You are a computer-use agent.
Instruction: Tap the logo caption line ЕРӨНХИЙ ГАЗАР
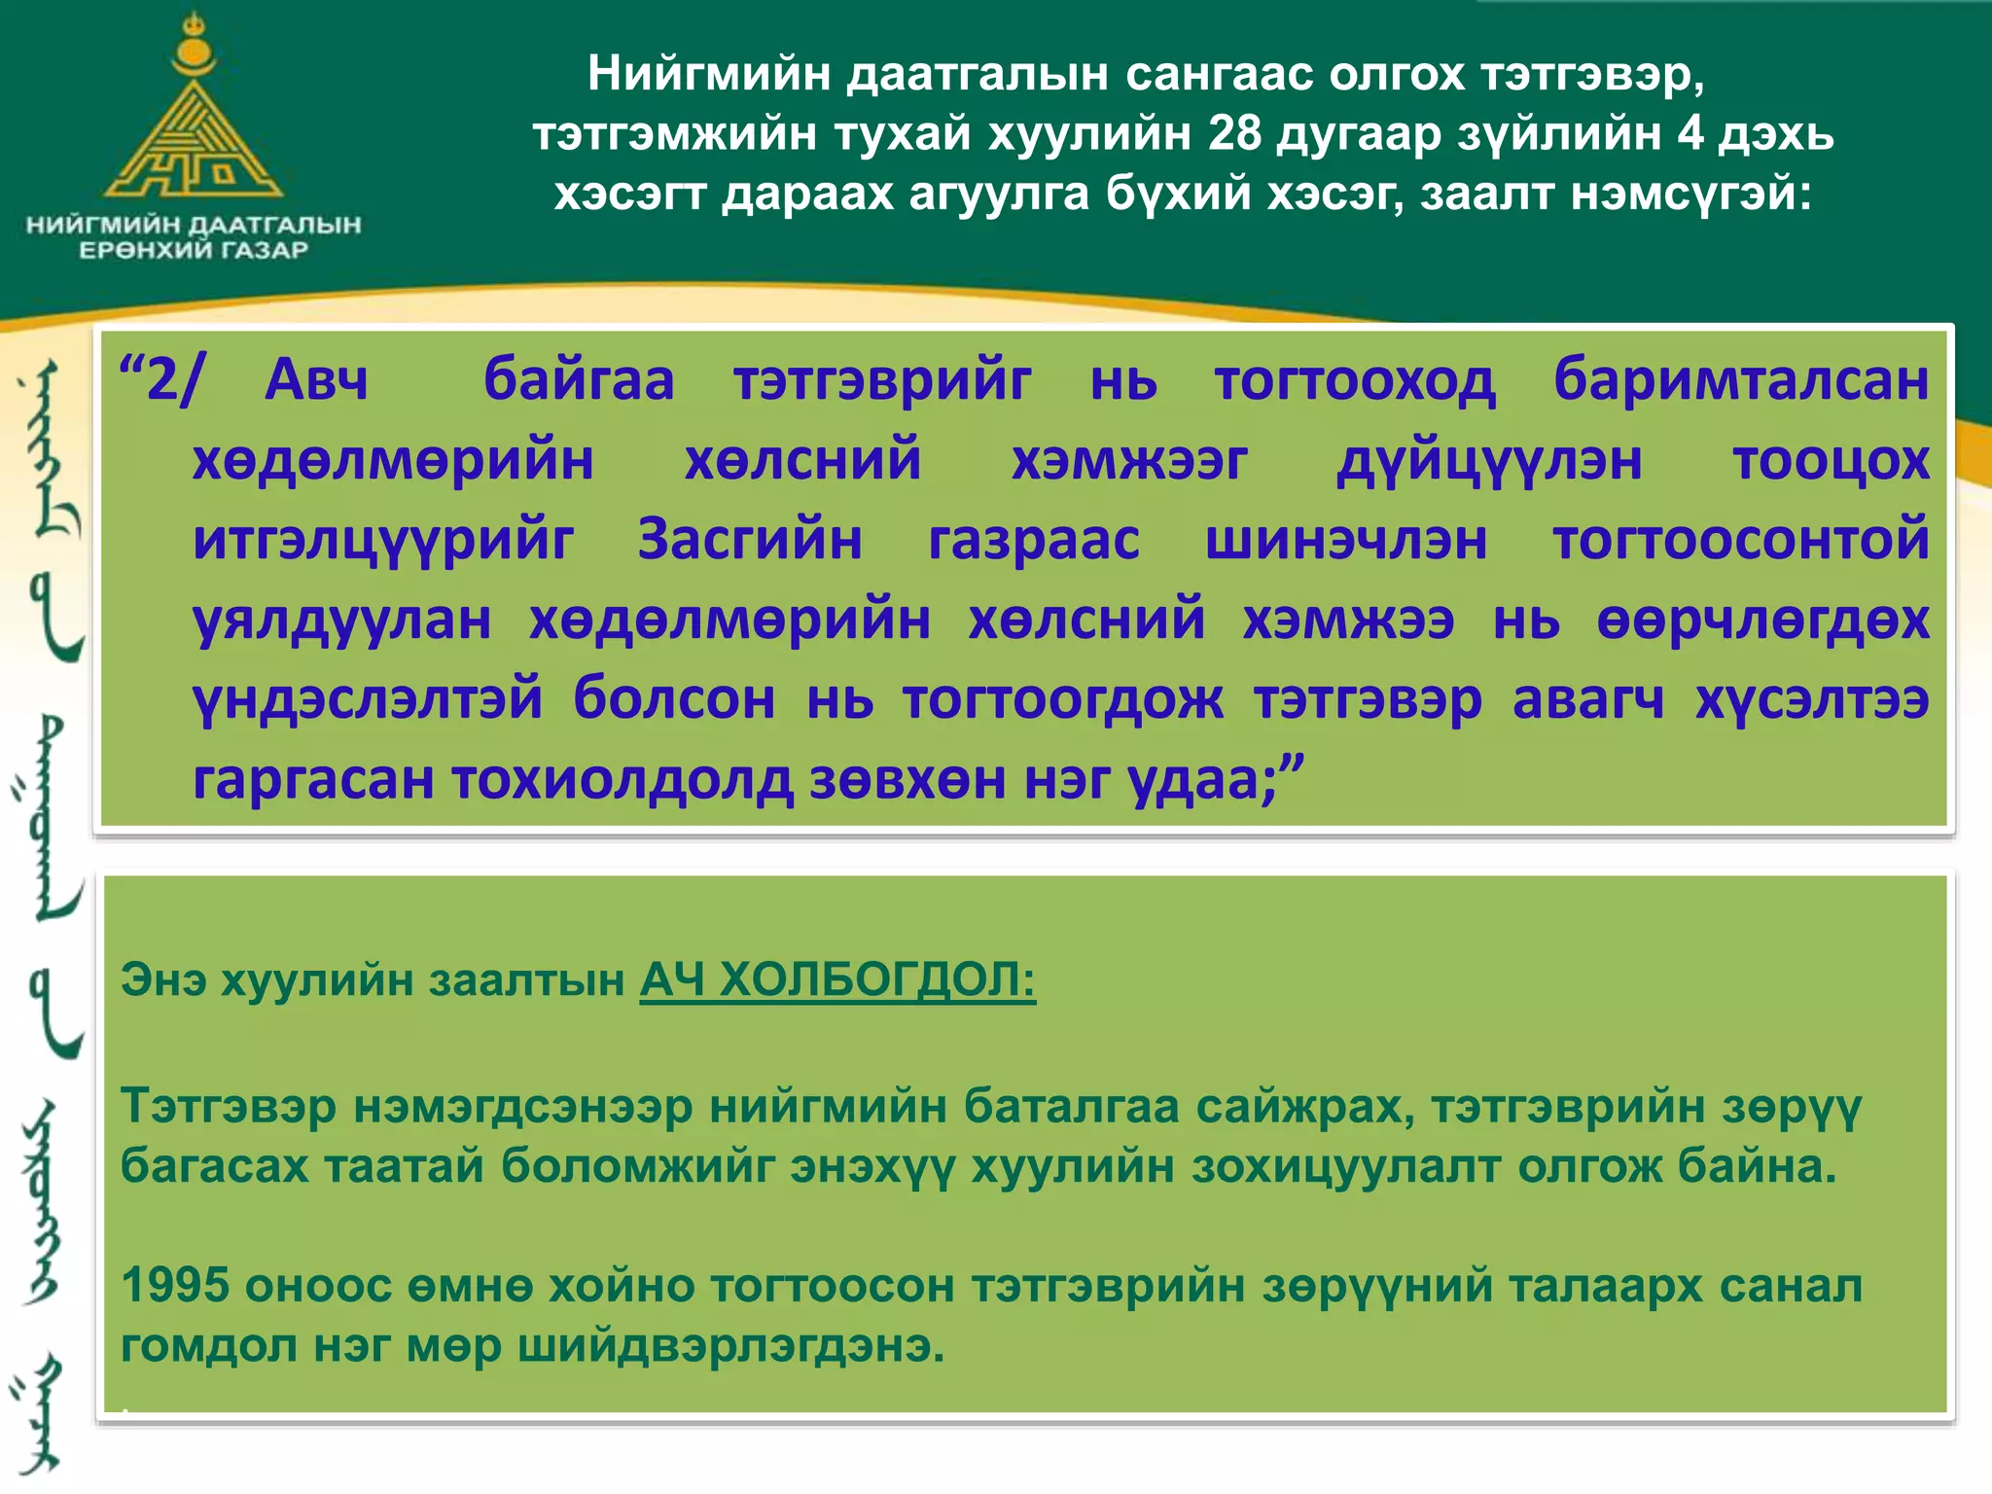click(194, 251)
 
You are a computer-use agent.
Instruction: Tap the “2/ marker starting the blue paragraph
click(161, 379)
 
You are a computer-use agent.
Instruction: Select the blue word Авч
click(317, 379)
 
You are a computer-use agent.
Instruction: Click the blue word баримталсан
click(1741, 379)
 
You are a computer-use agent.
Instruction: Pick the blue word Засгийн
click(750, 540)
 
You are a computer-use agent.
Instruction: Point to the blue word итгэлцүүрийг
click(383, 540)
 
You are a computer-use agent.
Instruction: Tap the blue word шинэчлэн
click(1346, 540)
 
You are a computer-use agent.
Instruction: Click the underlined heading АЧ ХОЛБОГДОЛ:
click(837, 979)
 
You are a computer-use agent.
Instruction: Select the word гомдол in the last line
click(208, 1346)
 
